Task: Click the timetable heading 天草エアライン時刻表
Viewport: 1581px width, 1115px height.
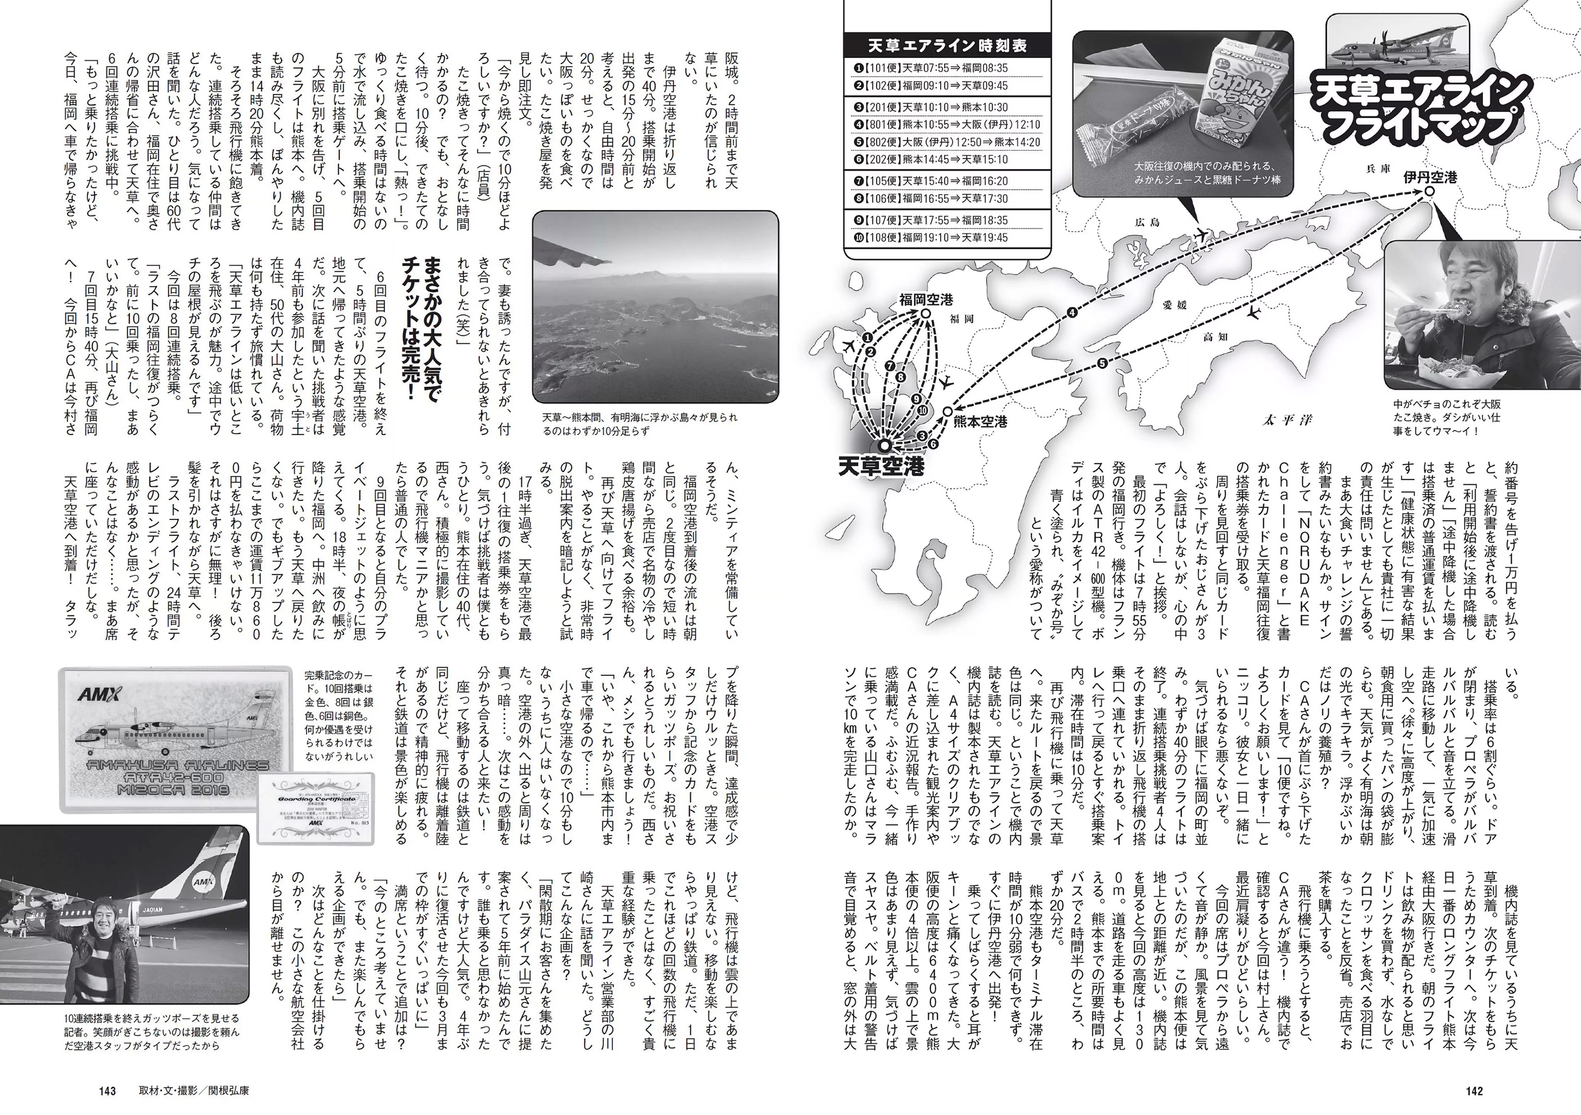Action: click(x=947, y=46)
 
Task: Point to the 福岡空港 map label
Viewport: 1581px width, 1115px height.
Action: click(x=926, y=299)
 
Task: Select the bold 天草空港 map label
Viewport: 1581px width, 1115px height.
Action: click(x=881, y=467)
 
